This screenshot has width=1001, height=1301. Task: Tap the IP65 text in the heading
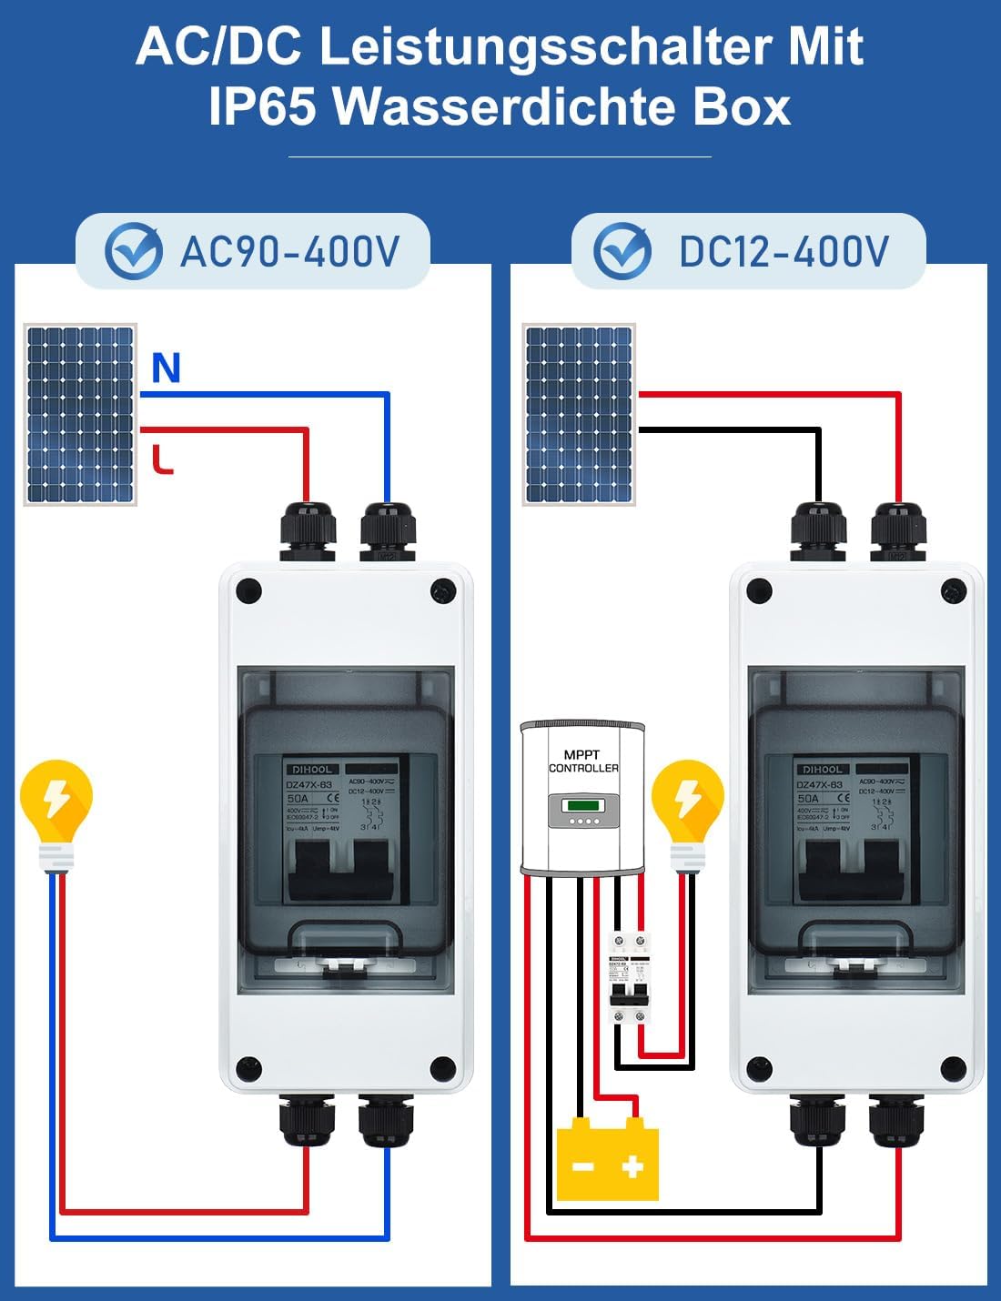262,106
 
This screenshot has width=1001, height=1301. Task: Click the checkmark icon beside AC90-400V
134,251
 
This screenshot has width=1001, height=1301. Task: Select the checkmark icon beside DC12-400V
622,251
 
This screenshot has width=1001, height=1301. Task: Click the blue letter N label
166,368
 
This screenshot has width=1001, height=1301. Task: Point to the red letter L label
162,460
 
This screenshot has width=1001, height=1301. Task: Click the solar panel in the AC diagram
80,414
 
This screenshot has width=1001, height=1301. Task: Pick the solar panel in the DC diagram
579,414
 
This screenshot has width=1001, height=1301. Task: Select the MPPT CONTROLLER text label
583,761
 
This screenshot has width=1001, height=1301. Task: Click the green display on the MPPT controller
583,805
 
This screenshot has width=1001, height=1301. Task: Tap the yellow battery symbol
607,1159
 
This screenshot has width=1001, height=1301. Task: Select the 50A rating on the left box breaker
298,798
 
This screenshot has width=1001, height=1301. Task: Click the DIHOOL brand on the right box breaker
822,770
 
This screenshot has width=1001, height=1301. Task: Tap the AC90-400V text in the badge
289,252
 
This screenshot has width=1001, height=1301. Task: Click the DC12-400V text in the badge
784,252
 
